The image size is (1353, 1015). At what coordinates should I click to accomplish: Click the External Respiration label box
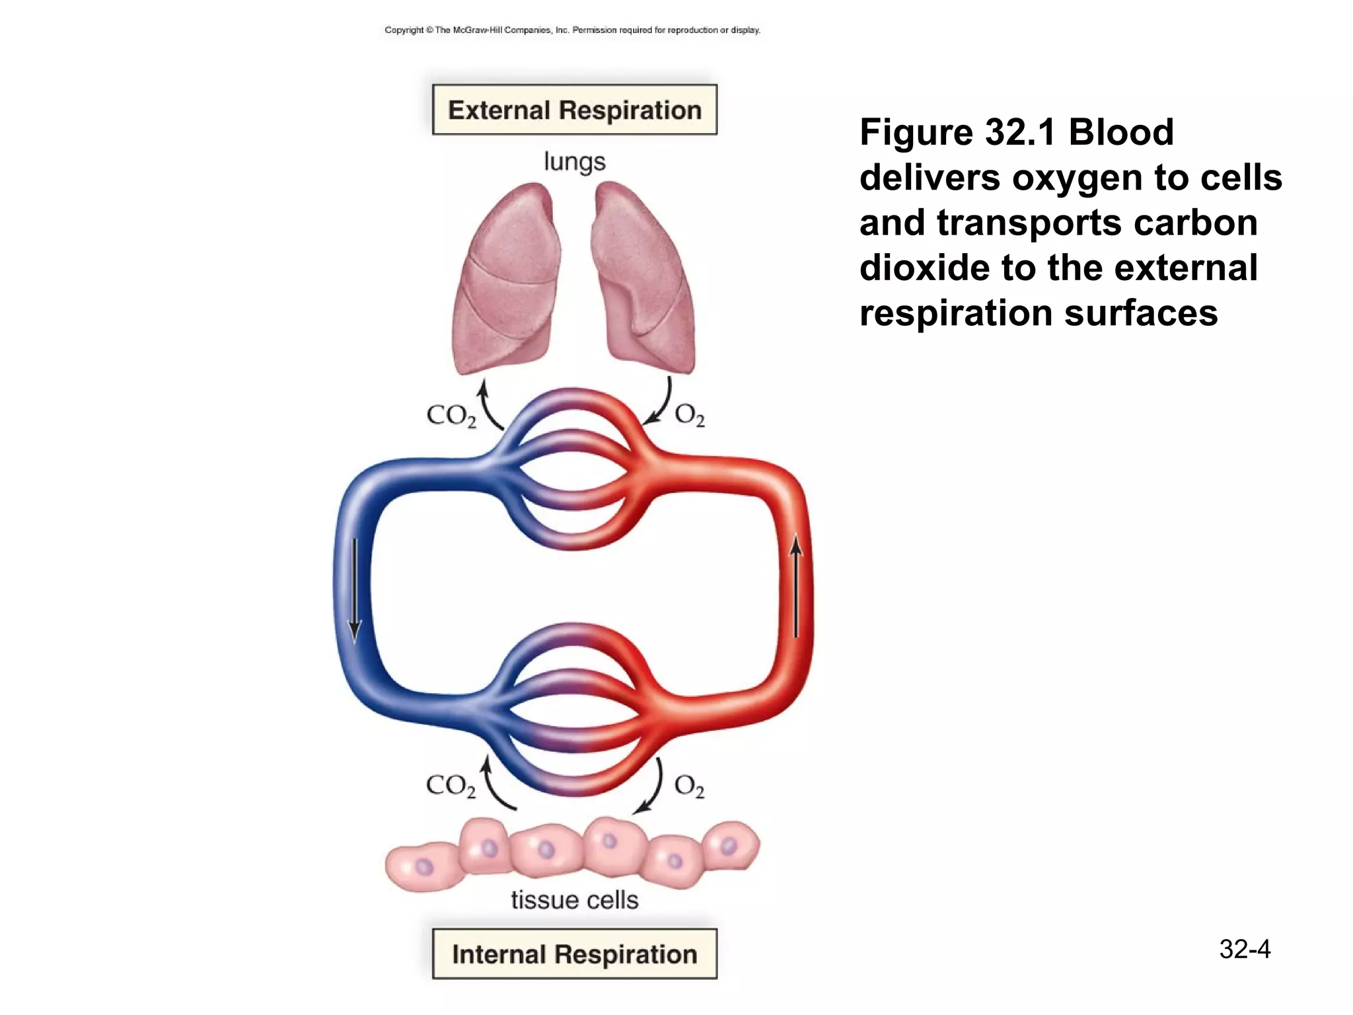point(574,110)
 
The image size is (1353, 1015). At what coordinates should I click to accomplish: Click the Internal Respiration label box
point(574,954)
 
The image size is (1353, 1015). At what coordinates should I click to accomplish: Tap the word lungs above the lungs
point(574,162)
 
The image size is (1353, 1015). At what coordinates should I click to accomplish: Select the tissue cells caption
point(574,900)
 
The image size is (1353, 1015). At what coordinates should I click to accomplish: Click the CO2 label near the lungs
point(451,416)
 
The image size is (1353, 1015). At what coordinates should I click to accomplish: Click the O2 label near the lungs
point(690,416)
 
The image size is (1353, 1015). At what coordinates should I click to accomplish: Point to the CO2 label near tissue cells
point(451,786)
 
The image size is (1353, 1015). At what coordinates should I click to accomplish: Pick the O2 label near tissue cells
point(689,786)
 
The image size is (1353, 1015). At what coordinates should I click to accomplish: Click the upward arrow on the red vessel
point(796,585)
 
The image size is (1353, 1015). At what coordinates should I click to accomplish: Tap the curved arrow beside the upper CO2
point(488,404)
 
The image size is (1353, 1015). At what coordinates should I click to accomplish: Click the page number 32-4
point(1245,949)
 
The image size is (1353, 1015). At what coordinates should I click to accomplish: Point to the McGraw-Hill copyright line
point(572,30)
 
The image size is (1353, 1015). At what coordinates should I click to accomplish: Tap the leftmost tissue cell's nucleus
point(423,866)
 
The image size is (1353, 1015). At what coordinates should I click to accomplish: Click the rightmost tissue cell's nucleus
point(728,845)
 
